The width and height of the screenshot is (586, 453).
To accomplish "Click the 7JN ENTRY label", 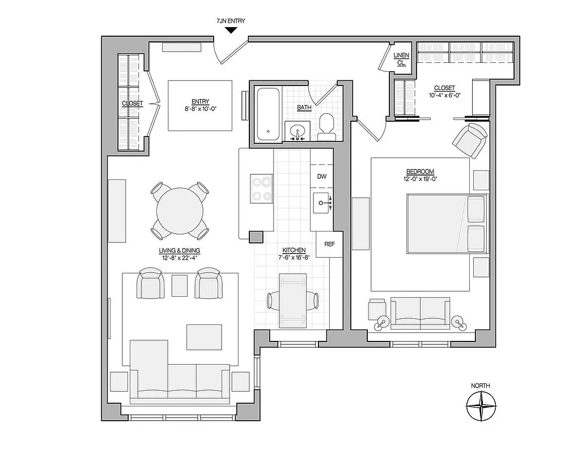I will point(231,21).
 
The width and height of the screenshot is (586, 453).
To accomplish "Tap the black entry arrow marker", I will point(231,31).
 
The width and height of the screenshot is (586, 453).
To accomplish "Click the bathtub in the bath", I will point(267,114).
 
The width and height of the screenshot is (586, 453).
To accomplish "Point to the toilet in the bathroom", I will point(326,127).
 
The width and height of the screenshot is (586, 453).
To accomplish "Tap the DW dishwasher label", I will point(322,176).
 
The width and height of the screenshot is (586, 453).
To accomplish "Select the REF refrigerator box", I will point(329,245).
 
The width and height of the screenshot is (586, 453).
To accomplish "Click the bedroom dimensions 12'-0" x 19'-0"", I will point(419,179).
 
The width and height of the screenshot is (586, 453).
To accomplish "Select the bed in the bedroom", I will point(447,224).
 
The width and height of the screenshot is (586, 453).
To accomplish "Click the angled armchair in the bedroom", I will point(470,140).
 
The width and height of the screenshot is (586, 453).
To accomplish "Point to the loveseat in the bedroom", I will point(420,313).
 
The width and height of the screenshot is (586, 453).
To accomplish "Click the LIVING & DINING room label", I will point(180,250).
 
